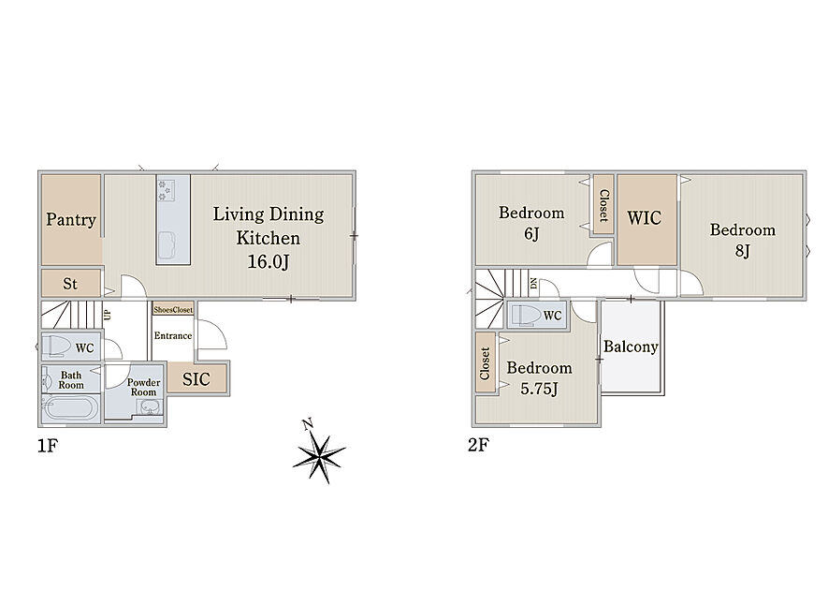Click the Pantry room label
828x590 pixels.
[x=71, y=219]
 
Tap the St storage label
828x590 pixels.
[x=70, y=284]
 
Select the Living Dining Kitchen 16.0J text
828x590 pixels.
[x=269, y=237]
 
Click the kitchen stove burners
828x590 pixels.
[x=166, y=190]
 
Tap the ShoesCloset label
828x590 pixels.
[x=173, y=310]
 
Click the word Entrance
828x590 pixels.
[x=173, y=335]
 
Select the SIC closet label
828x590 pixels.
[x=196, y=379]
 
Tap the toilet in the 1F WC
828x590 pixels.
[x=57, y=347]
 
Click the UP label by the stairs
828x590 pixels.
[x=108, y=315]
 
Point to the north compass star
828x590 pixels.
[x=319, y=454]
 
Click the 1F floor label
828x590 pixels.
[x=48, y=446]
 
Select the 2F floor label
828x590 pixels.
[x=478, y=445]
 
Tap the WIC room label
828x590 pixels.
[x=645, y=218]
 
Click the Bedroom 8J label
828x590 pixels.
[x=743, y=240]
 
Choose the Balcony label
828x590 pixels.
[x=631, y=347]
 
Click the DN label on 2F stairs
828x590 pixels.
[x=533, y=284]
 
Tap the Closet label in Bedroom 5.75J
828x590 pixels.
[x=485, y=363]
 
